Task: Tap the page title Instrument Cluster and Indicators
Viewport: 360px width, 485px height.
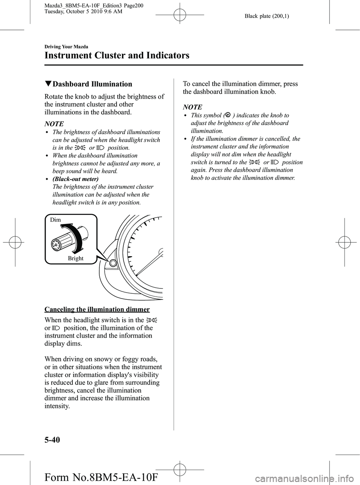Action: [117, 56]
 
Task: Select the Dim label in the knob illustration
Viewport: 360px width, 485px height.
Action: [55, 220]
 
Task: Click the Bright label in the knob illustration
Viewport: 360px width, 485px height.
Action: [76, 258]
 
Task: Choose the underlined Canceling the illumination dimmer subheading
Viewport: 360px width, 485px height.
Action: [97, 309]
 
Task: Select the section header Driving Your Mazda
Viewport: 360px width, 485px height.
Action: [66, 47]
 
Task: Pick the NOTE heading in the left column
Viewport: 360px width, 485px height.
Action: [54, 123]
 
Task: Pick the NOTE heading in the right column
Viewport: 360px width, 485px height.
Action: [192, 107]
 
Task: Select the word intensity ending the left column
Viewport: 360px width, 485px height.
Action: [56, 406]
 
